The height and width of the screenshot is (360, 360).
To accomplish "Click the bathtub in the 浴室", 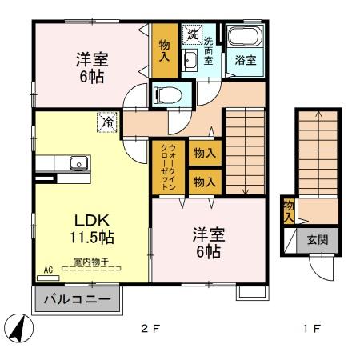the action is tap(245, 36).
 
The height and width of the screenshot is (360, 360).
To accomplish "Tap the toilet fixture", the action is tap(167, 95).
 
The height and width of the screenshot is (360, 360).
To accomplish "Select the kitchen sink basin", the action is tap(78, 163).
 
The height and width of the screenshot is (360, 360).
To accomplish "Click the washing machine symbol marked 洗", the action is tap(193, 34).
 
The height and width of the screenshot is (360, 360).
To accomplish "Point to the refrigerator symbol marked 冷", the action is tap(107, 122).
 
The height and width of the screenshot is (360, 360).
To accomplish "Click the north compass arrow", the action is tap(18, 328).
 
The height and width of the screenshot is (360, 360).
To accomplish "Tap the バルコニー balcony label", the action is tap(78, 299).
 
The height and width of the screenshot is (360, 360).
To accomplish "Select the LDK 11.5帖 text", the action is tap(92, 229).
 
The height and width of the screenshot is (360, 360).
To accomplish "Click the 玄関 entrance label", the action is tap(318, 240).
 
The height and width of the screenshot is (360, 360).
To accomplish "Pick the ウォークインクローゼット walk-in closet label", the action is tap(169, 167).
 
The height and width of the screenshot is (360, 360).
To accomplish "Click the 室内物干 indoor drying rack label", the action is tap(91, 262).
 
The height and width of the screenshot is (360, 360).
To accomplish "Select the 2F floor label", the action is tap(150, 329).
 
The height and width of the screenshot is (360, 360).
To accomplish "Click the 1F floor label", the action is tap(311, 329).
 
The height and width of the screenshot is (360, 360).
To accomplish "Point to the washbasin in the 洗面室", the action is tap(190, 60).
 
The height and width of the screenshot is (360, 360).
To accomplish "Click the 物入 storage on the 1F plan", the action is tap(289, 210).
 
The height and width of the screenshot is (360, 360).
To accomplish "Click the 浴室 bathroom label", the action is tap(246, 60).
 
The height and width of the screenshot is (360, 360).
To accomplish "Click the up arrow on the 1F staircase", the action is tap(318, 154).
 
